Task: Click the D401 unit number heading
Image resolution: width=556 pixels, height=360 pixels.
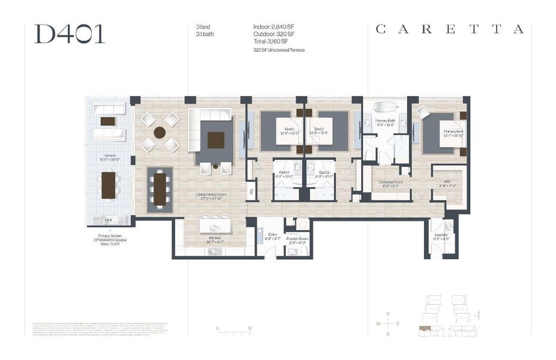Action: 70,34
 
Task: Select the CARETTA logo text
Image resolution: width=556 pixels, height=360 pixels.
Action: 449,29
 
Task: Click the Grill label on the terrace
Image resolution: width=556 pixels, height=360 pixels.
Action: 109,220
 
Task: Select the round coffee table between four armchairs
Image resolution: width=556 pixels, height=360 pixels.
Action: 160,132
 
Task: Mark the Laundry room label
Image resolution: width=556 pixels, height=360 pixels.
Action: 440,239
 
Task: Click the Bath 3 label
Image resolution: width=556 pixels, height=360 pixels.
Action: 284,173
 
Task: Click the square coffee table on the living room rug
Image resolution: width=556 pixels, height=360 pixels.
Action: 215,139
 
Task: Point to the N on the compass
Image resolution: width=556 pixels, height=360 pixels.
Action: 388,314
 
